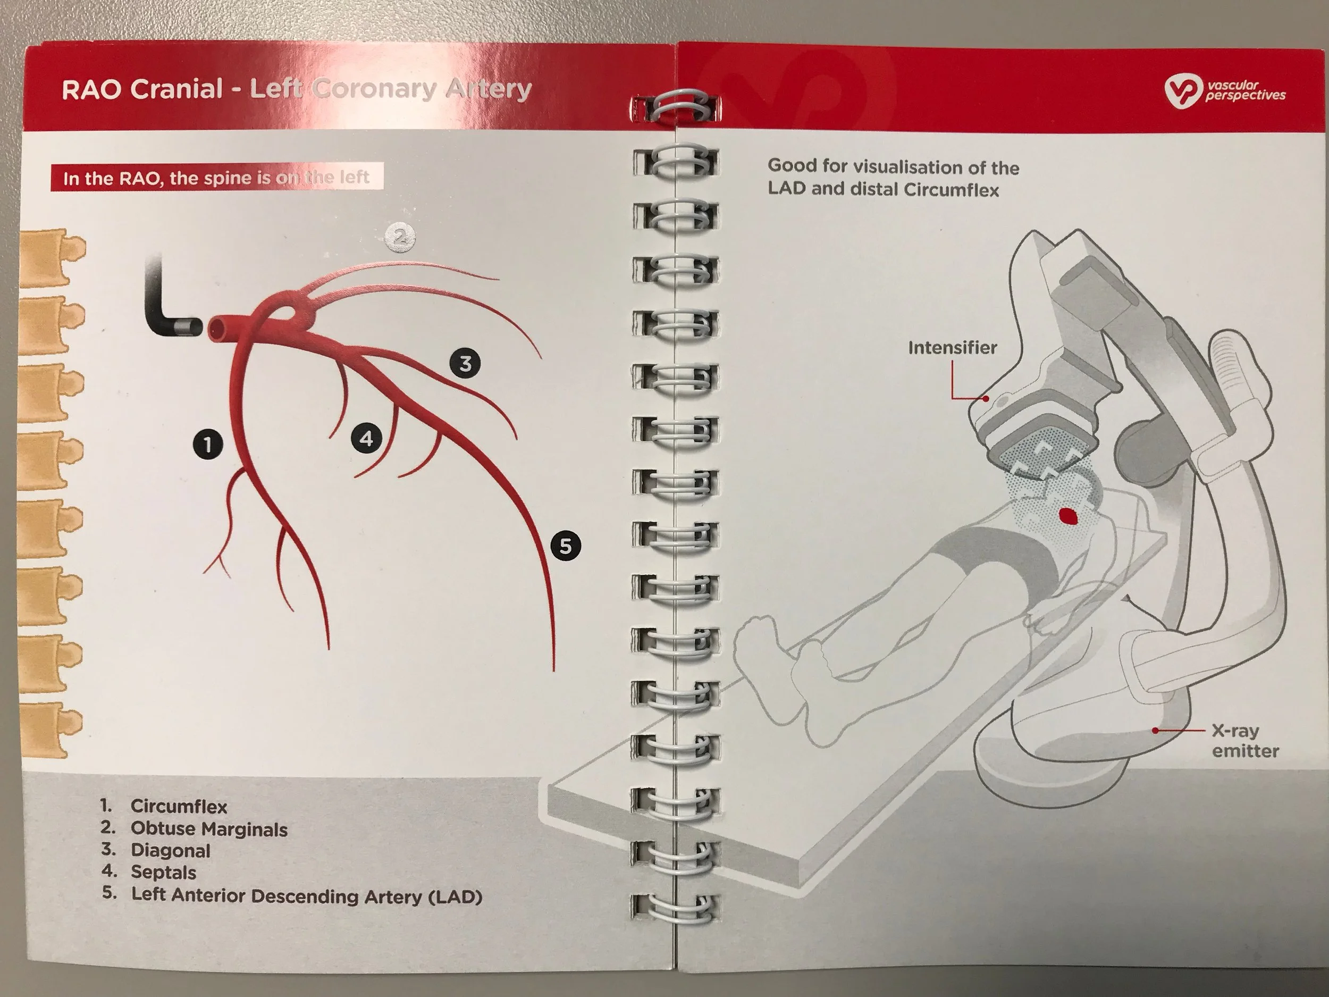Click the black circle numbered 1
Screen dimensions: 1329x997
click(x=208, y=445)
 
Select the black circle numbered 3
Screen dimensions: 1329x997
click(x=465, y=363)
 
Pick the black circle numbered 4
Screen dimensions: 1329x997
click(x=366, y=439)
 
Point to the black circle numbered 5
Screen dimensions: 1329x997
click(x=566, y=546)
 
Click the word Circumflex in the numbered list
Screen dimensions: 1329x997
click(x=179, y=807)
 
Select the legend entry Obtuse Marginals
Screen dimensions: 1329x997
click(x=209, y=830)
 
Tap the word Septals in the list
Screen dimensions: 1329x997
click(x=163, y=872)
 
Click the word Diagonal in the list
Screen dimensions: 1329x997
click(x=171, y=851)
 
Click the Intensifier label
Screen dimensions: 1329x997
click(x=952, y=347)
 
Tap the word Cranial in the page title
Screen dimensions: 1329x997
click(x=176, y=89)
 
